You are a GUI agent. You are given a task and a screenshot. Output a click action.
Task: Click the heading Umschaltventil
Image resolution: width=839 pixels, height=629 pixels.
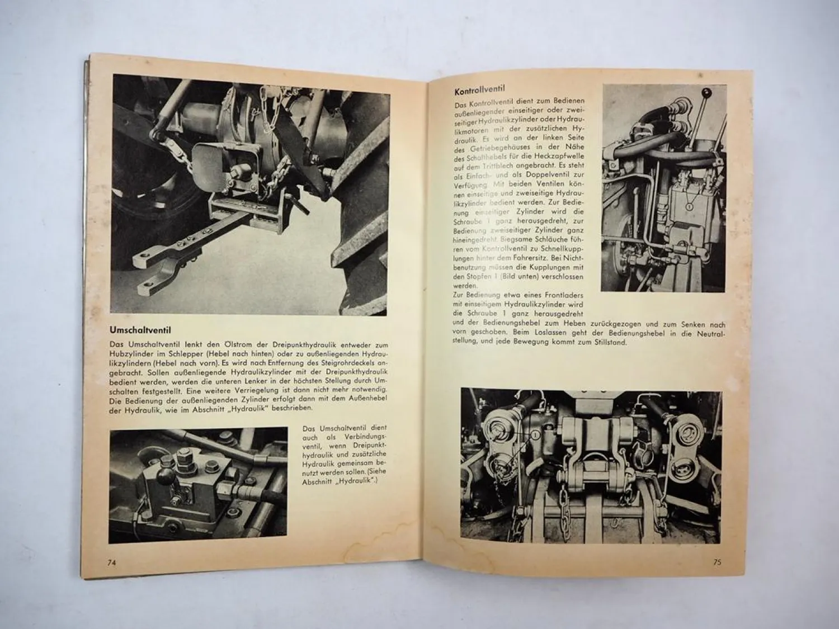pos(140,330)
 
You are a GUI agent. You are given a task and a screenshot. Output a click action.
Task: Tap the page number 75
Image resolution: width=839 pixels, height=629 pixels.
pos(717,562)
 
